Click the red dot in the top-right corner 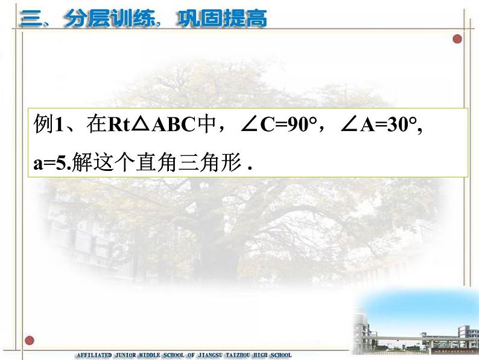point(457,39)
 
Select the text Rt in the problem point(119,124)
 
